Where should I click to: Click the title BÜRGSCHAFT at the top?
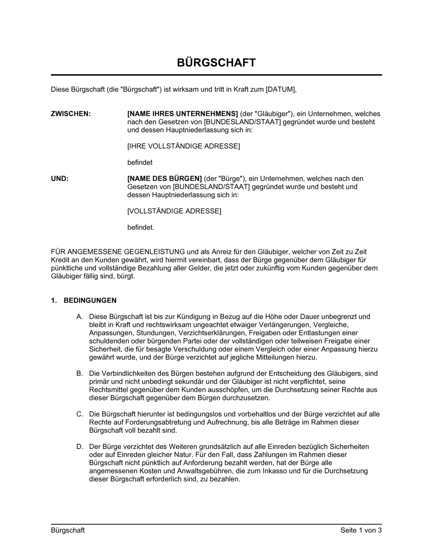pos(216,63)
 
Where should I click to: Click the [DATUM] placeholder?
pos(281,90)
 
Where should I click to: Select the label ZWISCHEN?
pos(71,114)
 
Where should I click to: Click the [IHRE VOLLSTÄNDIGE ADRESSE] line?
pos(183,146)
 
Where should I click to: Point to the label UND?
pos(60,179)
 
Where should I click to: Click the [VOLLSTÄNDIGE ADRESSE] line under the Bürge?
pos(174,211)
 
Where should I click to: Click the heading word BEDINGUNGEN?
pos(90,300)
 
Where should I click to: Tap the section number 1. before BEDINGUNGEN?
pos(54,300)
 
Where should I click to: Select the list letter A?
pos(79,317)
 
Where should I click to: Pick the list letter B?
pos(79,373)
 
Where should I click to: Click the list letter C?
pos(80,414)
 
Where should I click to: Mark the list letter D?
pos(80,446)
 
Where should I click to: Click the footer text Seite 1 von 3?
pos(361,530)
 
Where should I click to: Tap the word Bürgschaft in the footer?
pos(68,530)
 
